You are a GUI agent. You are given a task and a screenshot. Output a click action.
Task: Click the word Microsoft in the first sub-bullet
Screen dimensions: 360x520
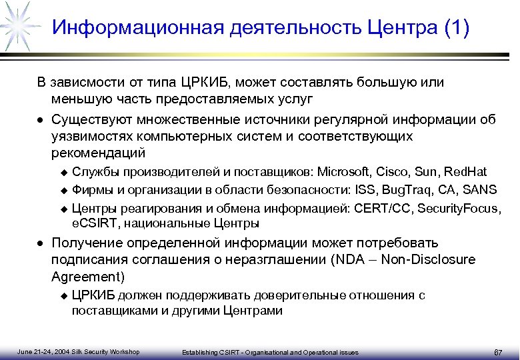click(x=345, y=171)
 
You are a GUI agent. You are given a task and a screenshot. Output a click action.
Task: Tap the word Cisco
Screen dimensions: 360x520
click(x=391, y=171)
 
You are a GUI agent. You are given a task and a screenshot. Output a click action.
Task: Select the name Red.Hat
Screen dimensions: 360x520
click(x=466, y=171)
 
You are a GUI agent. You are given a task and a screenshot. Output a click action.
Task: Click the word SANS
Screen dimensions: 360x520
click(x=479, y=189)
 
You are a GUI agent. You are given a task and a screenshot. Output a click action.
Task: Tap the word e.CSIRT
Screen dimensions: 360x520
click(x=94, y=223)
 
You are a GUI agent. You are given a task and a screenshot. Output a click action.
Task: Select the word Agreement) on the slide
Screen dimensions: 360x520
click(x=87, y=276)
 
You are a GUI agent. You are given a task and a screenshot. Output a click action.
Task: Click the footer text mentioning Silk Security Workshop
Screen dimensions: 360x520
click(x=78, y=352)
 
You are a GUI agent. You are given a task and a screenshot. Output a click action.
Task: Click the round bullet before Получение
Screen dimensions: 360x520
click(x=41, y=243)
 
